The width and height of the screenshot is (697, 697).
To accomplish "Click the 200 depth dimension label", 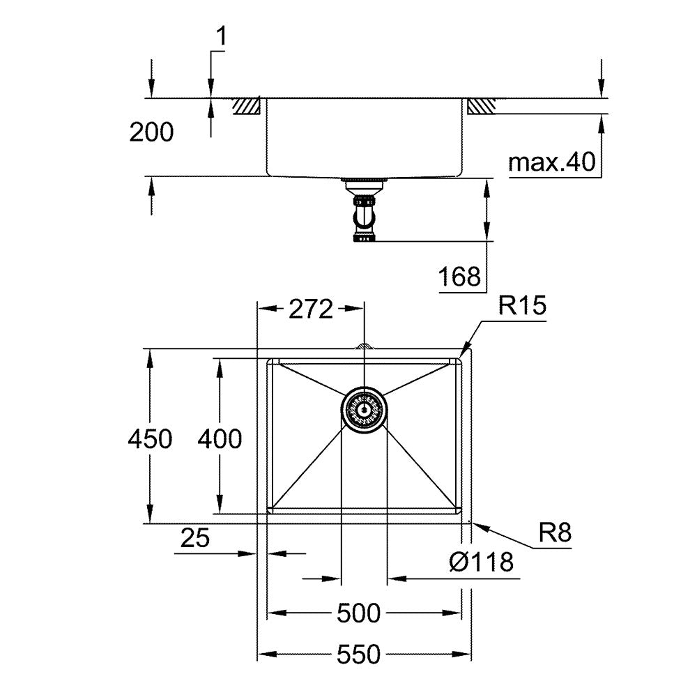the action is point(151,132).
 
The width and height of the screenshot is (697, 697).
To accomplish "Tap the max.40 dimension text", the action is point(551,162).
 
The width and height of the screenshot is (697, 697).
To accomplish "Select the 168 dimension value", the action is point(459,277).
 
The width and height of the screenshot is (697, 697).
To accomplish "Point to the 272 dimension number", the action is point(311,309).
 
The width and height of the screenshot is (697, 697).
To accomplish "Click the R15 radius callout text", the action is point(522,305).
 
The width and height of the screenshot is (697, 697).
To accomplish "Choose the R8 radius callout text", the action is point(555,532).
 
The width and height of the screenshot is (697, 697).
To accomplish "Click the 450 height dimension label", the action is point(151,439).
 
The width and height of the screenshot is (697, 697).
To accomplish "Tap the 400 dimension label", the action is point(220,439).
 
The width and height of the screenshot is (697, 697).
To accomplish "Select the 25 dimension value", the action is point(195,538).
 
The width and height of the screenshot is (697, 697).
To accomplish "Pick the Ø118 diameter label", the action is point(482,562).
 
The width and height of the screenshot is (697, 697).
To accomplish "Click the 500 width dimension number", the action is point(359,613).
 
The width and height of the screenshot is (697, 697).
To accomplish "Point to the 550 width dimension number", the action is point(359,654).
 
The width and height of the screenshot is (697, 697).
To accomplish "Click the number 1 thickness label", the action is point(221,36).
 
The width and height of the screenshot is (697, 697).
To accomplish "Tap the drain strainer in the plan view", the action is point(364,410).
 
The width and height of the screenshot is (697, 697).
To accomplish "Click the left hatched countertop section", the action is point(247,105).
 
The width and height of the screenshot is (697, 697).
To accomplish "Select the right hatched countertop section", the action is point(481,106).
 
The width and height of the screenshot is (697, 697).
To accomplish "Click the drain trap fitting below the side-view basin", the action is point(364,210).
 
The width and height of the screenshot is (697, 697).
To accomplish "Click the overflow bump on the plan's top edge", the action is point(364,346).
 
